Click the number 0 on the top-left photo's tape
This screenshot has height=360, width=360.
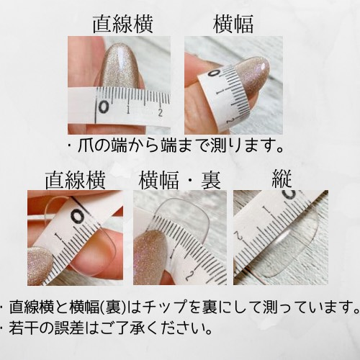(x=105, y=107)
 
